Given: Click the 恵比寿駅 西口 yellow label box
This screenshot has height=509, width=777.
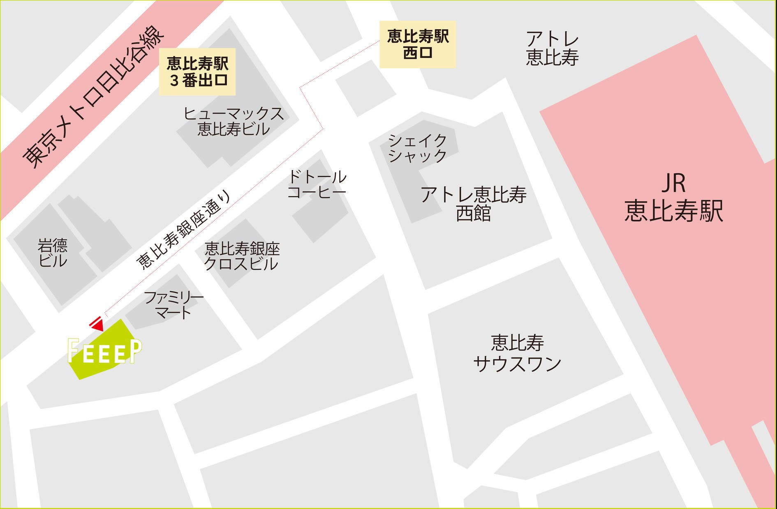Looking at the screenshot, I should click(x=418, y=44).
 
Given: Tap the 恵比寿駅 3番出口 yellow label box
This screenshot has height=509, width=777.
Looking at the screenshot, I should click(x=197, y=72).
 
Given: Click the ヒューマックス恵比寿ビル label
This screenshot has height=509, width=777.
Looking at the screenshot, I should click(x=234, y=121).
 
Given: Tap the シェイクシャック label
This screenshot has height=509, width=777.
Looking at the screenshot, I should click(x=417, y=148).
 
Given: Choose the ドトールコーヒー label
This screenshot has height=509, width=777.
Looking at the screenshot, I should click(x=317, y=184).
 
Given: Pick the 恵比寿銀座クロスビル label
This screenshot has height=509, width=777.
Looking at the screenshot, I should click(x=242, y=256).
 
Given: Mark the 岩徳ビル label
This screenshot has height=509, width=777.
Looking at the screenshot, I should click(x=53, y=253).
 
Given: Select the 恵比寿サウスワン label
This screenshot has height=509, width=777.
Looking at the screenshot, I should click(x=517, y=353).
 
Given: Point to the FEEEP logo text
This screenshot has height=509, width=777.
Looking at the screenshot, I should click(x=105, y=352).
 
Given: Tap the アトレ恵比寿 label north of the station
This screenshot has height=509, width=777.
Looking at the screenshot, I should click(x=552, y=48).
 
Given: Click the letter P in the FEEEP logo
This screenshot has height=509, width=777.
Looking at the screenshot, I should click(x=136, y=351).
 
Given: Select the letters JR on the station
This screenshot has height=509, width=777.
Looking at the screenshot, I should click(x=674, y=183).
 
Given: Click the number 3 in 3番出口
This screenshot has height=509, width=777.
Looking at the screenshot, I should click(x=174, y=81).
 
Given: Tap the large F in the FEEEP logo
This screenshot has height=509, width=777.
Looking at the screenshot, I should click(x=73, y=350).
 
